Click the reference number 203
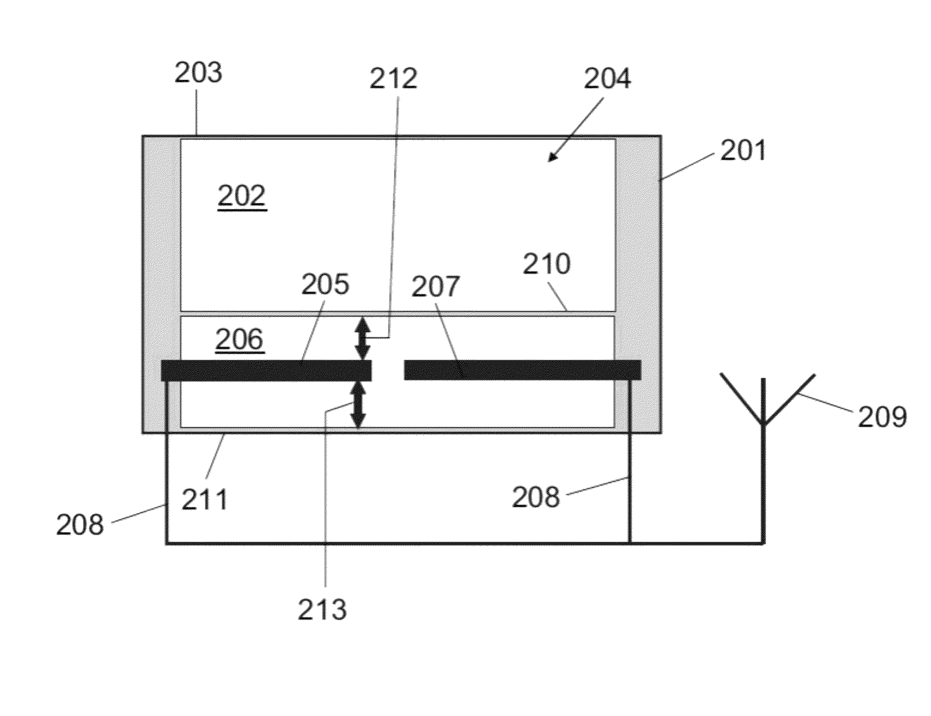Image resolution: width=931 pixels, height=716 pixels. [x=199, y=73]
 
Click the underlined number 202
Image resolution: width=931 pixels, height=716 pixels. [x=242, y=196]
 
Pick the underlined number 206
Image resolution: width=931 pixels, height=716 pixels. [x=240, y=340]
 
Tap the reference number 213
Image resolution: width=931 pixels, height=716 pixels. [x=322, y=610]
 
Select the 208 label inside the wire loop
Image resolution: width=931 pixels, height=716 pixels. [x=535, y=497]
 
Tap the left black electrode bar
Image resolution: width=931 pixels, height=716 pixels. [x=266, y=370]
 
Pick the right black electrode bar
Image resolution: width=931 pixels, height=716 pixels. [x=522, y=370]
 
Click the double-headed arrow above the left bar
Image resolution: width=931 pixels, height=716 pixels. [x=363, y=338]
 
